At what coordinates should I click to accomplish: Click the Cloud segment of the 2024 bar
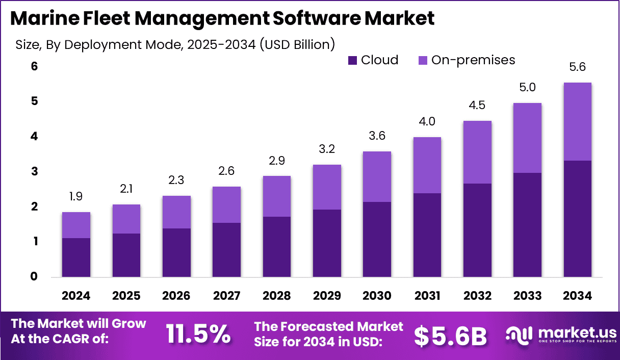76,258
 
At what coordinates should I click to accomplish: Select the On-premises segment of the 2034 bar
578,121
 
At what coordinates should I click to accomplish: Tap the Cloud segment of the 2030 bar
377,239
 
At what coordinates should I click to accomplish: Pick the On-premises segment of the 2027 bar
226,204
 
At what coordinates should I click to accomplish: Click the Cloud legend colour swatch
352,61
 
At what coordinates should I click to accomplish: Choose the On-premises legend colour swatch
423,61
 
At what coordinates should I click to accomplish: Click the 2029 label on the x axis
327,296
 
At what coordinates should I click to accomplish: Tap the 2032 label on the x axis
477,296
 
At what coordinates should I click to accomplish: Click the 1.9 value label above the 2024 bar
76,197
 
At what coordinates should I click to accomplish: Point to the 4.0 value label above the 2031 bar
427,122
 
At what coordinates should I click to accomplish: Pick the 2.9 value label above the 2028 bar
276,161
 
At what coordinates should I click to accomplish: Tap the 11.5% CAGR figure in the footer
198,334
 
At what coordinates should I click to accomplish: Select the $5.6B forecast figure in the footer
450,335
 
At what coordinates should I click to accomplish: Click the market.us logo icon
518,335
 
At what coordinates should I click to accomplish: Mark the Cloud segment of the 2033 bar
527,225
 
